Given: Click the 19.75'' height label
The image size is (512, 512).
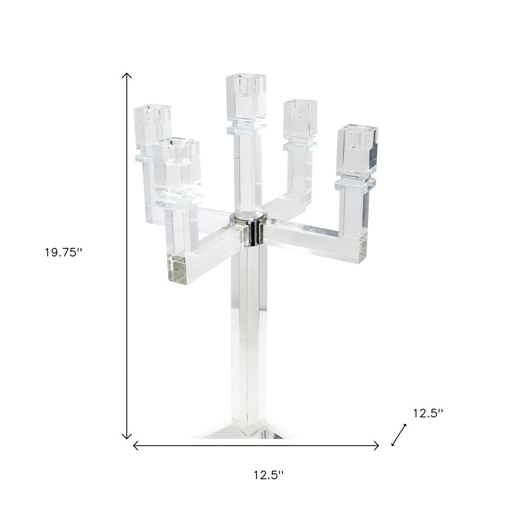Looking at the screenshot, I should coord(63,252).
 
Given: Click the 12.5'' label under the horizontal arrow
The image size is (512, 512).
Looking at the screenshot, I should coord(268,475).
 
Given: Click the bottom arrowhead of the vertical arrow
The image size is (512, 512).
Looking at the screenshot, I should coord(126,437).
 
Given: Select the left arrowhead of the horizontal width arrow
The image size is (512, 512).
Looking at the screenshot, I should coord(135,445).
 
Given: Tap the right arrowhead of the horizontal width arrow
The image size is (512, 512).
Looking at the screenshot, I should coord(377,445).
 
